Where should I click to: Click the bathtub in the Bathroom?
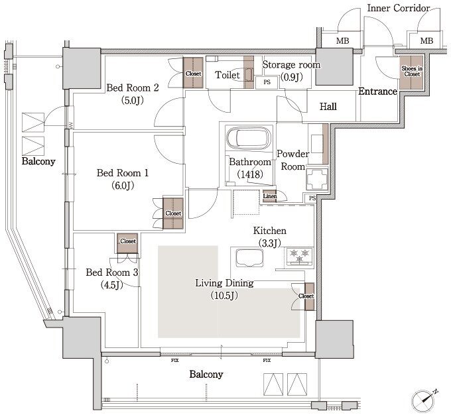(x=249, y=137)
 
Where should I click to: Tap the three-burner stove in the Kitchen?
(x=299, y=257)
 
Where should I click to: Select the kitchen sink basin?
(x=249, y=258)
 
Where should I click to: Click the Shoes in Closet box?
(x=412, y=72)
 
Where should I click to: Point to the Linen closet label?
(x=270, y=196)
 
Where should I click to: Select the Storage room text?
(x=291, y=65)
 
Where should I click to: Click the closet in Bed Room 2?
(x=193, y=73)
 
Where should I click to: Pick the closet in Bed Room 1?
(x=173, y=213)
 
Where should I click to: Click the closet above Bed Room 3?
(x=127, y=243)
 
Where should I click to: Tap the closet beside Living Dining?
(x=309, y=296)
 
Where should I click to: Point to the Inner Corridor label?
(x=399, y=8)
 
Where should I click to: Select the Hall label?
(x=328, y=107)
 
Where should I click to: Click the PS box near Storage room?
(x=267, y=83)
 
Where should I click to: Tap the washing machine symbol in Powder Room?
(x=317, y=179)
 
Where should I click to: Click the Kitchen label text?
(x=269, y=231)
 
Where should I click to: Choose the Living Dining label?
(x=224, y=283)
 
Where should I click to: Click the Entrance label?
(x=377, y=91)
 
